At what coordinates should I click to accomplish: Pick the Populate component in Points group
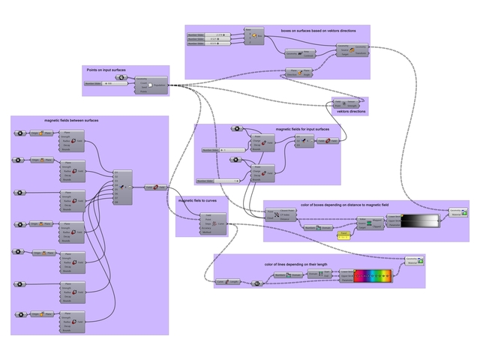[x=149, y=84]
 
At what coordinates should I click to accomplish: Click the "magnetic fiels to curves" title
[x=196, y=200]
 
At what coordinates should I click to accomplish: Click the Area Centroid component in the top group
[x=300, y=53]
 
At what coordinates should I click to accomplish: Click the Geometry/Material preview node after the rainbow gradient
[x=412, y=261]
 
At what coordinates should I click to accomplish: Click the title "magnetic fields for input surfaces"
[x=301, y=129]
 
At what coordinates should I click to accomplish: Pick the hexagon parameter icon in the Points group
[x=121, y=77]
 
